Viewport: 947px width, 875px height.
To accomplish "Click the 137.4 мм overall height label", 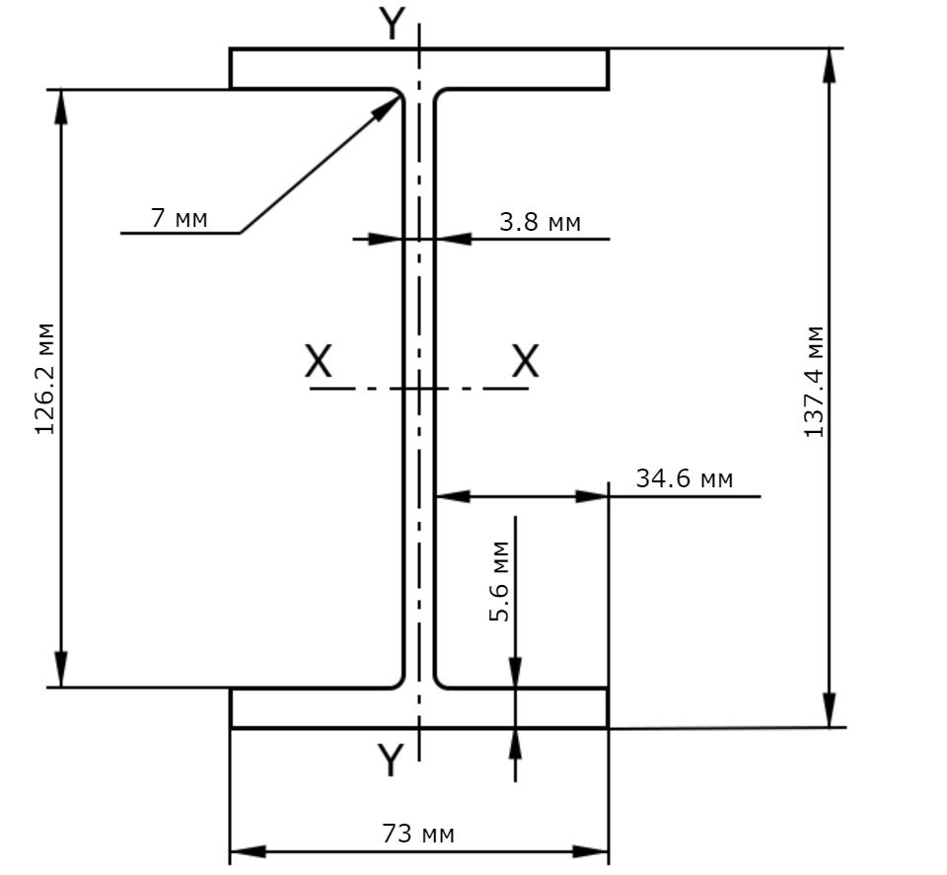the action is pos(814,382).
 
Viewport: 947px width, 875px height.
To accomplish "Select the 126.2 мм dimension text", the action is pos(45,379).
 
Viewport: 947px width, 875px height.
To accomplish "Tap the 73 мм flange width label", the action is pos(418,834).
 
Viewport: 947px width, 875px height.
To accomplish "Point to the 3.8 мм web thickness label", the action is pos(540,222).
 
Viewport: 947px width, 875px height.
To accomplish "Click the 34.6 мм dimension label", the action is pos(685,478).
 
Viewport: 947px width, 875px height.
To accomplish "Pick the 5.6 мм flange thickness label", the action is pos(499,581).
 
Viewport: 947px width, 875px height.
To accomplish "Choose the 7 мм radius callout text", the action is pos(179,217).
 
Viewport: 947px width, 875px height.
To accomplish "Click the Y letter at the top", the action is pos(392,24).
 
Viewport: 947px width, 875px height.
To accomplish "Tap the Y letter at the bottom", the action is pos(391,760).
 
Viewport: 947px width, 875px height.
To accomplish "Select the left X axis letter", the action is pos(319,360).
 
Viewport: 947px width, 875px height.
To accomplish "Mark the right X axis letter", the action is pos(526,360).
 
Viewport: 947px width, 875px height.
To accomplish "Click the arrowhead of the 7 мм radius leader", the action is pos(386,109).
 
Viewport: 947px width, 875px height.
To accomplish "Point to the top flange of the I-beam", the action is pos(419,69).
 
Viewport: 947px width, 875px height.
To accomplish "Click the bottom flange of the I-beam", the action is pos(419,707).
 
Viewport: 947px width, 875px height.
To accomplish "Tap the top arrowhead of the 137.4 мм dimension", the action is pos(830,66).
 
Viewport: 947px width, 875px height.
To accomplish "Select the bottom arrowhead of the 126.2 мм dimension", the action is pos(60,669).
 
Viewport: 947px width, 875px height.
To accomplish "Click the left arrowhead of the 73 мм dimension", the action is pos(249,851).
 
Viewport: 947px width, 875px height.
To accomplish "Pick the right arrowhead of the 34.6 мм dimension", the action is pos(591,496).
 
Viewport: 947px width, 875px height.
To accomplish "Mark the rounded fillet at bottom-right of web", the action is pos(439,682).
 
